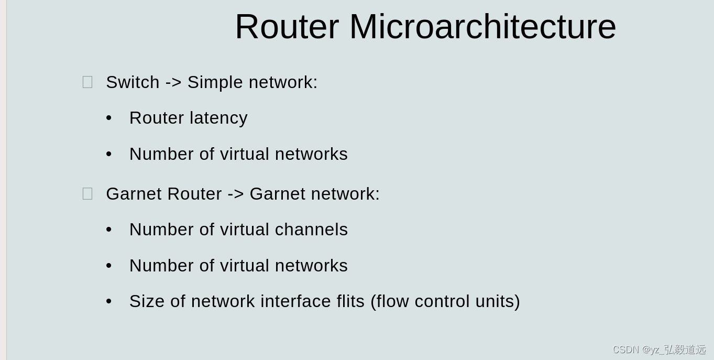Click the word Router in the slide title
(x=287, y=27)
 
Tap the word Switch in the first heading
(x=133, y=82)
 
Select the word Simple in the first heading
(x=215, y=82)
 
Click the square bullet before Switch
(x=87, y=82)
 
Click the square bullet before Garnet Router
(x=87, y=194)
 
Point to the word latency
(x=218, y=118)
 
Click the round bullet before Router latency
(x=109, y=118)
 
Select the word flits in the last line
(x=350, y=301)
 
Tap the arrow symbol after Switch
(x=173, y=82)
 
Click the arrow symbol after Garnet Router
(x=236, y=194)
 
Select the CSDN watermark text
(x=658, y=350)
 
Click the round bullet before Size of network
(x=109, y=301)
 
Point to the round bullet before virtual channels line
(x=109, y=230)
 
